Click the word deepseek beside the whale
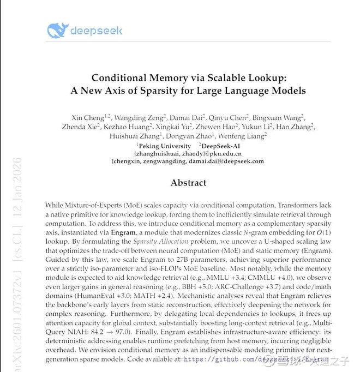(97, 31)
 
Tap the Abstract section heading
(188, 183)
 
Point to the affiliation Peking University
(164, 146)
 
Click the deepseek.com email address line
(188, 161)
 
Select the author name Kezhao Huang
(130, 127)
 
